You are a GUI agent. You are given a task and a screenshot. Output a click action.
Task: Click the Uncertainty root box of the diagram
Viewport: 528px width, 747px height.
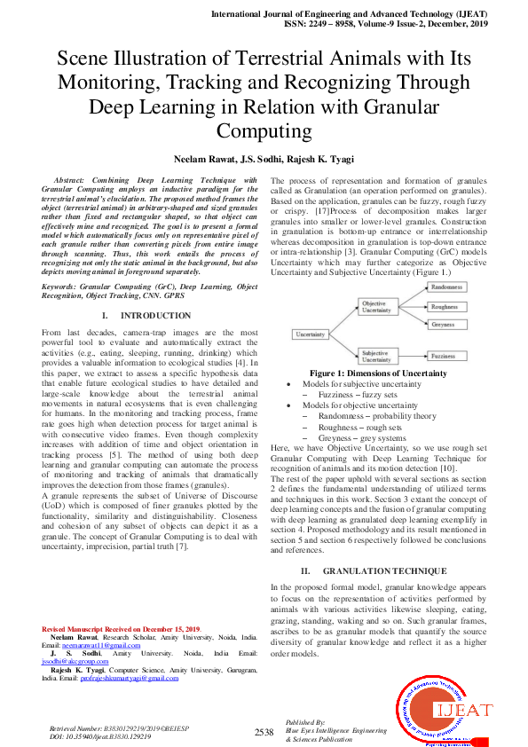coord(311,334)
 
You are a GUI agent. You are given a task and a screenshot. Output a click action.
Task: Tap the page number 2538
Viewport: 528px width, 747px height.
coord(264,732)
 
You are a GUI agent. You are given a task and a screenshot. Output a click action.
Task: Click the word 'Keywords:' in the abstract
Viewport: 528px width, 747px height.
coord(60,263)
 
